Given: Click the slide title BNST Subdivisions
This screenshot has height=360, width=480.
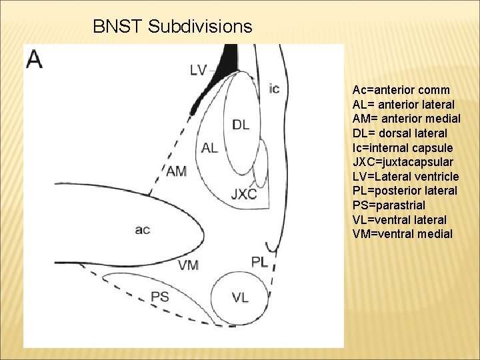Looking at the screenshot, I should (173, 27).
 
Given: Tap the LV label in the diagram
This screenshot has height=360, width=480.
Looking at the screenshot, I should (198, 69).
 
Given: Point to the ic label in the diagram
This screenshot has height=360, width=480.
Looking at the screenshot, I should (274, 88).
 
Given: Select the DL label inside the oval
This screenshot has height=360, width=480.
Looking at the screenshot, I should (241, 124).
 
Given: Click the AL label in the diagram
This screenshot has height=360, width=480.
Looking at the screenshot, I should (209, 148).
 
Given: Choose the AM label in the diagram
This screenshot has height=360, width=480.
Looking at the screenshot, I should (177, 171).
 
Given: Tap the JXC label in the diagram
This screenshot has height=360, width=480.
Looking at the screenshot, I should (243, 194).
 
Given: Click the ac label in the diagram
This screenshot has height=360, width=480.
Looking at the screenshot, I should (142, 230).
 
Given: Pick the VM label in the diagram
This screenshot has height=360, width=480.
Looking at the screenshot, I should (188, 265).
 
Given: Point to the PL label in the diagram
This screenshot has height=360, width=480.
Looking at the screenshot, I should (259, 262).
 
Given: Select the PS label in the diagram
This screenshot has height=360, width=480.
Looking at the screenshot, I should (160, 297).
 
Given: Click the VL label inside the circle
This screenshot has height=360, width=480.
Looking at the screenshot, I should (240, 297).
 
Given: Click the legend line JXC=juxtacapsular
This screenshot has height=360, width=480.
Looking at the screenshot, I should (403, 162).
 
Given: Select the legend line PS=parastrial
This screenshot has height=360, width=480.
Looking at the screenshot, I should (392, 205).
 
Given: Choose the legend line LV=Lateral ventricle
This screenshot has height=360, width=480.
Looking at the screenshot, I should (405, 177).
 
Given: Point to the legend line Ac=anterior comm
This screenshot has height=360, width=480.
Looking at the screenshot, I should (401, 90).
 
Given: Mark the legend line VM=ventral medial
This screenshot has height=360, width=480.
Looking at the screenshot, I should (402, 234).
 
